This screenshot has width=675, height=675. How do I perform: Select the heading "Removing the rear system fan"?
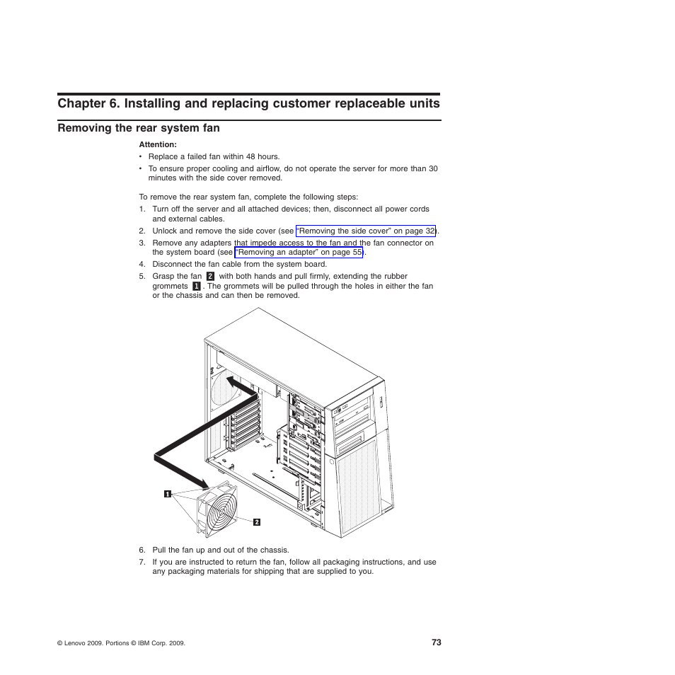pos(139,128)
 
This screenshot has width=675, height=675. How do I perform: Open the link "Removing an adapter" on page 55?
pos(299,252)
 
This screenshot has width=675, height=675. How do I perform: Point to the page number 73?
pos(436,642)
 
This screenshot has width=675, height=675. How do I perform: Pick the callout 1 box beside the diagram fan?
pos(168,494)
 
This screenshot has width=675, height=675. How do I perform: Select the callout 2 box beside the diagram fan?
pos(257,522)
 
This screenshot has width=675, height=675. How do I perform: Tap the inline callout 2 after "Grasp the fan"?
pos(210,277)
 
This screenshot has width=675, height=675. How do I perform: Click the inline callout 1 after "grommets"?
pos(196,287)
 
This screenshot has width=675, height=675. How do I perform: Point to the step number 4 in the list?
pos(142,265)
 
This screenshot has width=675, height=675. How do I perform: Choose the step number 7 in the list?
pos(142,562)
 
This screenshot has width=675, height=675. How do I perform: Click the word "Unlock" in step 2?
pos(164,231)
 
